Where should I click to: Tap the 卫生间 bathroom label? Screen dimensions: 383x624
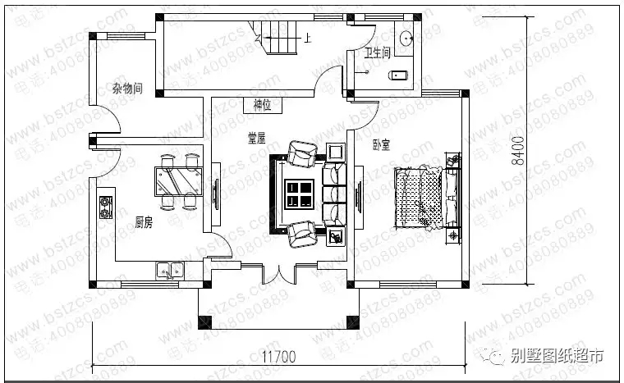(379, 54)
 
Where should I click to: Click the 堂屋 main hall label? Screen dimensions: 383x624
(257, 139)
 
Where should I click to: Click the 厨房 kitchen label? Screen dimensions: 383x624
(144, 221)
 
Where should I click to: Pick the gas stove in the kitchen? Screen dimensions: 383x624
(107, 208)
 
